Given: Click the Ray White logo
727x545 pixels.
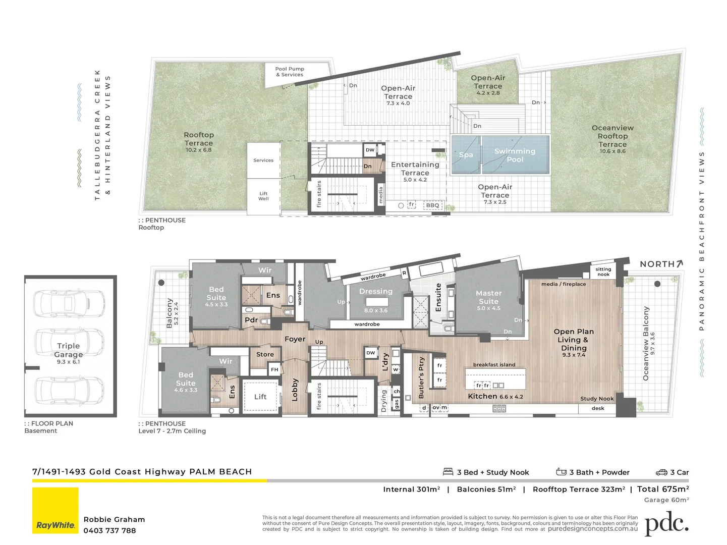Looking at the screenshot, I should pyautogui.click(x=55, y=510).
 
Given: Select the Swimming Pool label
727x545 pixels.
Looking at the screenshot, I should pyautogui.click(x=515, y=155).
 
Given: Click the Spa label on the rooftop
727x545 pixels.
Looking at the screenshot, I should pyautogui.click(x=466, y=155).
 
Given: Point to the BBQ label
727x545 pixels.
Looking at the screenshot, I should pyautogui.click(x=432, y=205).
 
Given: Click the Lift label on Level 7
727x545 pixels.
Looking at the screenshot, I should pyautogui.click(x=260, y=397).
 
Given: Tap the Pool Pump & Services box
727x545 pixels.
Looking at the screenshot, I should pyautogui.click(x=290, y=72).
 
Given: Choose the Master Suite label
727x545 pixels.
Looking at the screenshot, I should pyautogui.click(x=488, y=297).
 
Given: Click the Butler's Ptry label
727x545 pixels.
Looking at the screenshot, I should pyautogui.click(x=422, y=378).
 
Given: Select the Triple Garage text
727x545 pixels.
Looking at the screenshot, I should pyautogui.click(x=69, y=350).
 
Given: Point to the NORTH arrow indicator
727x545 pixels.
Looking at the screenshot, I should pyautogui.click(x=661, y=264).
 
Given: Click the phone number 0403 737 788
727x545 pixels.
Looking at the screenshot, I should pyautogui.click(x=109, y=531).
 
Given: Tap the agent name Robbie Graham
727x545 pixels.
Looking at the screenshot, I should pyautogui.click(x=114, y=520).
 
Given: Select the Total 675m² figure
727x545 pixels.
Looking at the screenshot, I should pyautogui.click(x=662, y=489).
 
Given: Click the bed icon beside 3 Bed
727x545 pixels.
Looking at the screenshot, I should pyautogui.click(x=448, y=472).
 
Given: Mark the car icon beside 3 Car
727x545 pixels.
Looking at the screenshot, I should pyautogui.click(x=661, y=472).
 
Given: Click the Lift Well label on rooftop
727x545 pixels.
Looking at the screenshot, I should pyautogui.click(x=263, y=196).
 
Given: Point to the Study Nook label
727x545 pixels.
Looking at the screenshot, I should pyautogui.click(x=597, y=399).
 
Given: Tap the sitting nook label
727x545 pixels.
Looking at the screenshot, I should pyautogui.click(x=603, y=272).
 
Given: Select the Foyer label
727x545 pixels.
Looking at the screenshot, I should pyautogui.click(x=295, y=339).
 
